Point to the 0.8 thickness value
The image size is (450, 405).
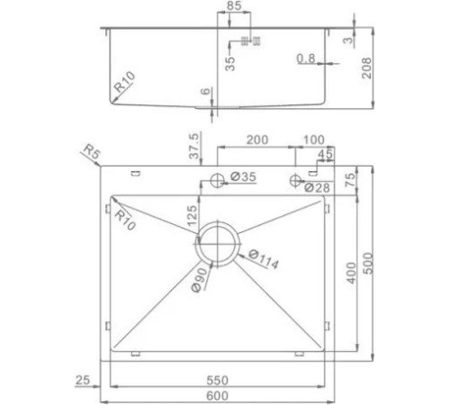tap(306, 59)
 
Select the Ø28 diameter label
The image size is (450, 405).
tap(317, 187)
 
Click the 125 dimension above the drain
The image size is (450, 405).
tap(192, 216)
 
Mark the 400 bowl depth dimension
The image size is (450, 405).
tap(350, 274)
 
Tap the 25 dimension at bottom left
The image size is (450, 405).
tap(84, 382)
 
